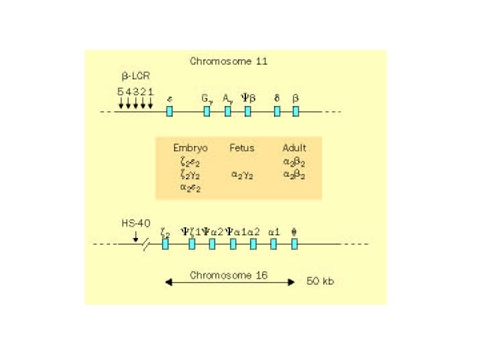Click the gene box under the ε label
point(169,111)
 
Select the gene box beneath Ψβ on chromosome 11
point(248,111)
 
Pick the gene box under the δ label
point(277,111)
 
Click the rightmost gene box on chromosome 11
point(296,111)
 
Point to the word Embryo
point(190,147)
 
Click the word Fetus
point(242,147)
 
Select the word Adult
point(294,147)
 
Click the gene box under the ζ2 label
point(165,244)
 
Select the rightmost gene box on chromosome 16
point(295,244)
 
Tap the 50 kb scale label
point(321,281)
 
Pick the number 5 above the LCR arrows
point(121,91)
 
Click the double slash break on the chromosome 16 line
point(146,245)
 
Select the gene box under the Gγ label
point(207,111)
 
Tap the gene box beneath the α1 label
point(273,244)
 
